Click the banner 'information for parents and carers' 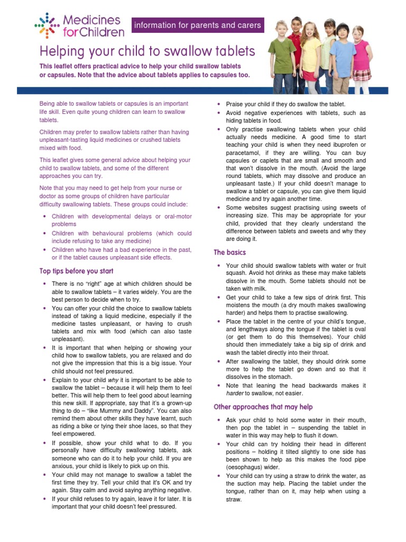[197, 25]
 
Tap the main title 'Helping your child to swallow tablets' [147, 51]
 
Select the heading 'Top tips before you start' [76, 271]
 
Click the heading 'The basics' [229, 252]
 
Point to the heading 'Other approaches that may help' [263, 407]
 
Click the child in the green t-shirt [282, 56]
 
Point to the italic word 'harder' [236, 393]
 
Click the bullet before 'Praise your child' [219, 105]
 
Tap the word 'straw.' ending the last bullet [234, 499]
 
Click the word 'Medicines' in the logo [91, 21]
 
